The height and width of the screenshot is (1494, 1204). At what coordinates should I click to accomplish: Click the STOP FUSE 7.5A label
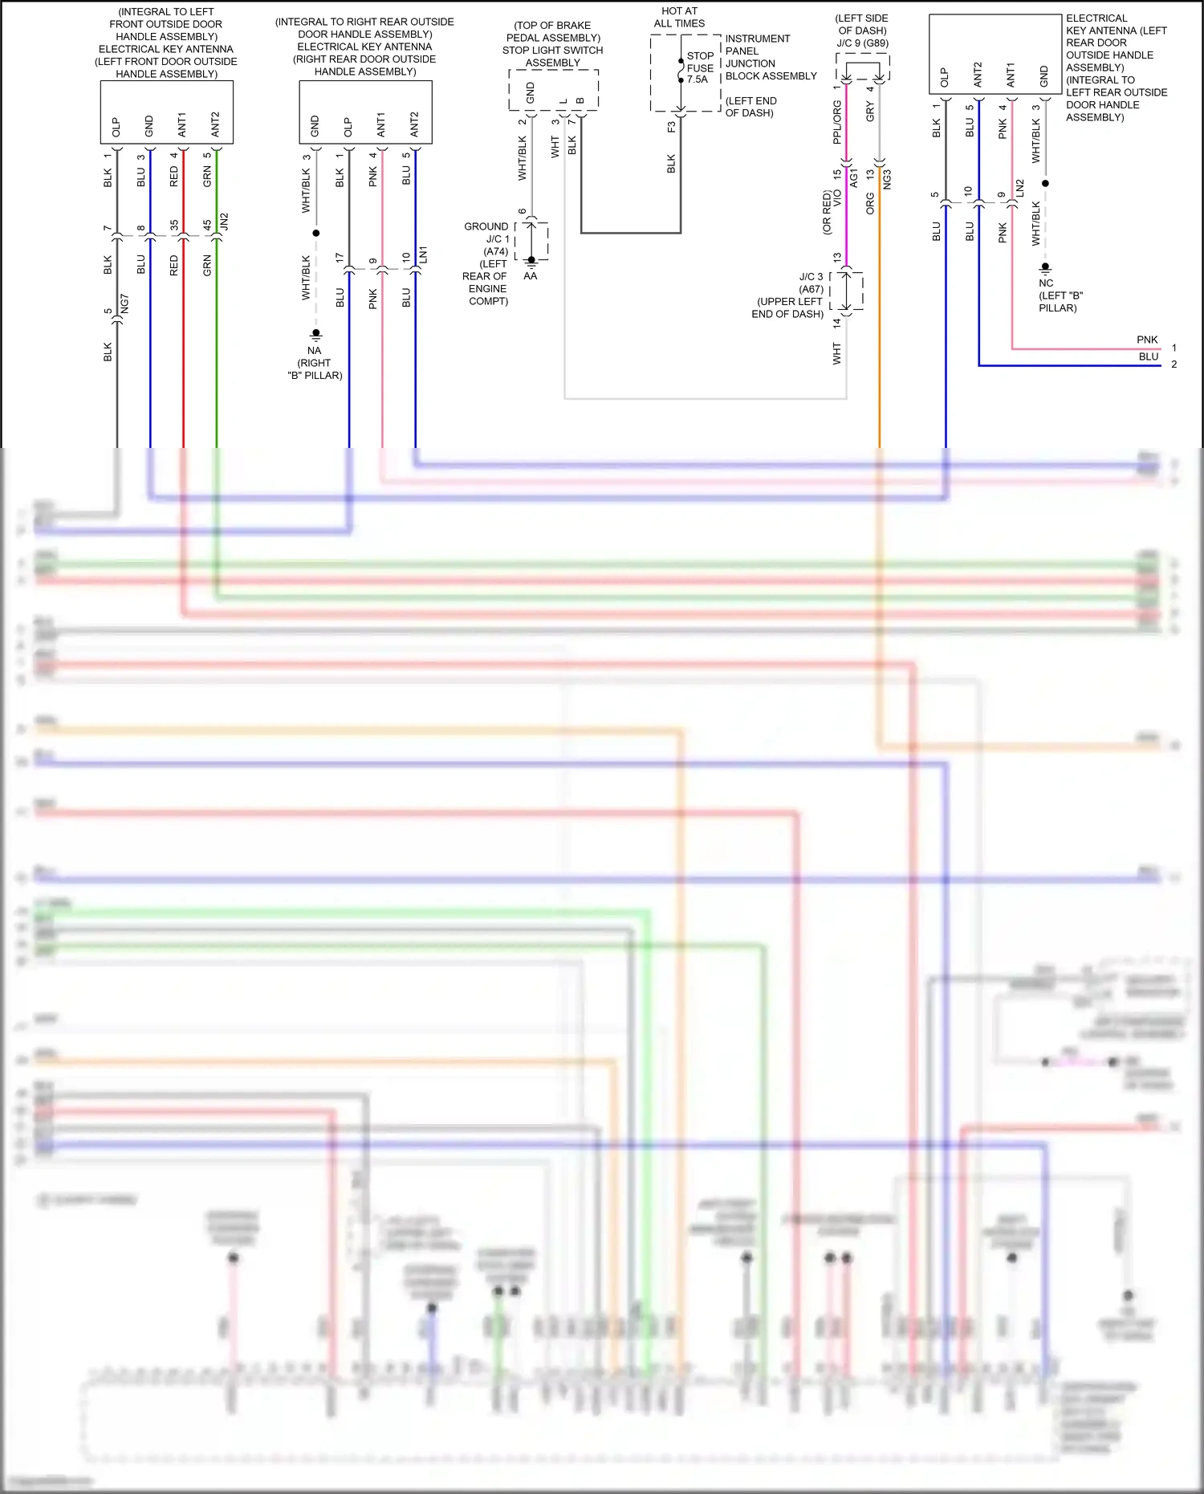(700, 68)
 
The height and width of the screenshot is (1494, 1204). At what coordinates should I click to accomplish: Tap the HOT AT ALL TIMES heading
(679, 17)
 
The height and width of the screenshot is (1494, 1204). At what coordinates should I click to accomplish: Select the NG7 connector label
(124, 303)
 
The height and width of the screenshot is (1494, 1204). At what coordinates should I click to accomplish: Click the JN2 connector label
(225, 222)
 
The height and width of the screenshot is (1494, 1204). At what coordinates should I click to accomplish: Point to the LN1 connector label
(423, 254)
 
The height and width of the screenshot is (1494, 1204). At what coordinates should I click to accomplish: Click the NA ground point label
(314, 351)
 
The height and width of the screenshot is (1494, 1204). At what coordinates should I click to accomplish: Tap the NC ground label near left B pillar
(1045, 283)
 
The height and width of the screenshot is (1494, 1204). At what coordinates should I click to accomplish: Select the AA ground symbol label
(530, 276)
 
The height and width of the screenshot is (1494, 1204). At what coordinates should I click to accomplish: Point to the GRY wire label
(870, 112)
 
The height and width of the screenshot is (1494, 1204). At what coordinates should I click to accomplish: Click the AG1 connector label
(853, 177)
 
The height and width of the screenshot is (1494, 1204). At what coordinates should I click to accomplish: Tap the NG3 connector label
(887, 180)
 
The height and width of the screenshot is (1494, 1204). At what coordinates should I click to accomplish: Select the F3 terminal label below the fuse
(671, 127)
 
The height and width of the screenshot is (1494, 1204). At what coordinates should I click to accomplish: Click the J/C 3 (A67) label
(811, 283)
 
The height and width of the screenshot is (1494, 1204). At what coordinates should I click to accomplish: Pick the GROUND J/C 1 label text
(486, 233)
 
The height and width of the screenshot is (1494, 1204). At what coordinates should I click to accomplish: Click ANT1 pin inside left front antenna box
(182, 124)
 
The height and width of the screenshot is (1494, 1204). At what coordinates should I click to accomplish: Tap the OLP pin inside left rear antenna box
(944, 77)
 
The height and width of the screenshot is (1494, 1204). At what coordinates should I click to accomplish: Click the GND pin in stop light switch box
(530, 92)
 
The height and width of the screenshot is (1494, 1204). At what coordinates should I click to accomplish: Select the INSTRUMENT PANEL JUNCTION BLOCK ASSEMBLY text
(770, 57)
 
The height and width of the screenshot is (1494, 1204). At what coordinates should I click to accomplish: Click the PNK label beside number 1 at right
(1147, 340)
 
